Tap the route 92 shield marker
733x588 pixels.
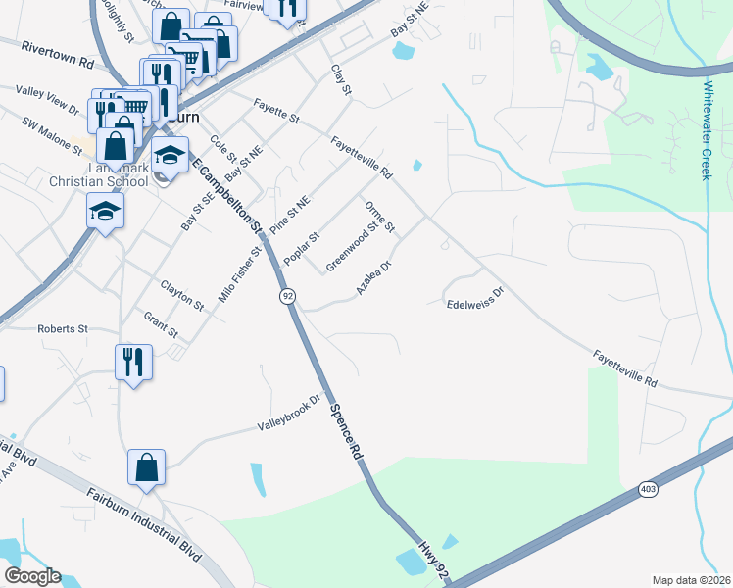pyautogui.click(x=287, y=295)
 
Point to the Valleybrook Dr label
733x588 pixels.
pyautogui.click(x=290, y=414)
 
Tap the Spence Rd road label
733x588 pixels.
pyautogui.click(x=345, y=432)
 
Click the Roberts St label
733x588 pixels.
pyautogui.click(x=63, y=329)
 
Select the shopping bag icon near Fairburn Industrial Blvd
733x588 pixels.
pyautogui.click(x=146, y=468)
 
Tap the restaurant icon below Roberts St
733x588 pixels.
pyautogui.click(x=132, y=361)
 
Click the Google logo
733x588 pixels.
pyautogui.click(x=32, y=576)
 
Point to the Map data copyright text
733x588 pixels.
pyautogui.click(x=691, y=580)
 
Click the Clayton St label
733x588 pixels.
pyautogui.click(x=181, y=295)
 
